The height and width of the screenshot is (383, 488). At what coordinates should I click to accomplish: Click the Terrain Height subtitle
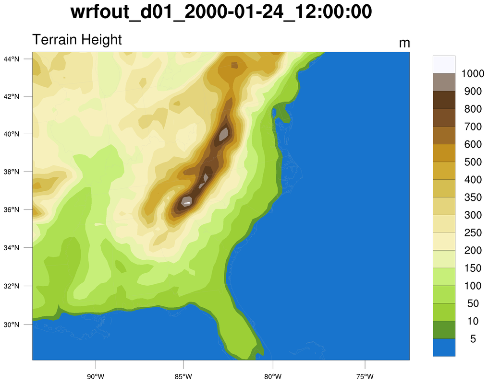(77, 39)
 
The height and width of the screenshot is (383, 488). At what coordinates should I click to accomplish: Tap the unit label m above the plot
(404, 43)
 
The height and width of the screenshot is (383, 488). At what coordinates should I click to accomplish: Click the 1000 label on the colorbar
(473, 74)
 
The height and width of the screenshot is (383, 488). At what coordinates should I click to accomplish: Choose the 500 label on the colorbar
(473, 162)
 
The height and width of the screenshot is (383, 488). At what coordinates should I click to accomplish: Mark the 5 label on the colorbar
(473, 339)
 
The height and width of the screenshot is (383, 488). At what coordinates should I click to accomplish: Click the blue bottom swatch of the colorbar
(444, 348)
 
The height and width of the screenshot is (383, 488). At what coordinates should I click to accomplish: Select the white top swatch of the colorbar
(444, 64)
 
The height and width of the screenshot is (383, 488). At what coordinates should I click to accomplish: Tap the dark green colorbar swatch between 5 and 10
(444, 330)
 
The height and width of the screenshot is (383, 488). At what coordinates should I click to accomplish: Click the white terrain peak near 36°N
(187, 203)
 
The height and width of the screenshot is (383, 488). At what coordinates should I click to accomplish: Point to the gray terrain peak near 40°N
(223, 134)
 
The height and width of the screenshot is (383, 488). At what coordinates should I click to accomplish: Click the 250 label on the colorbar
(473, 233)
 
